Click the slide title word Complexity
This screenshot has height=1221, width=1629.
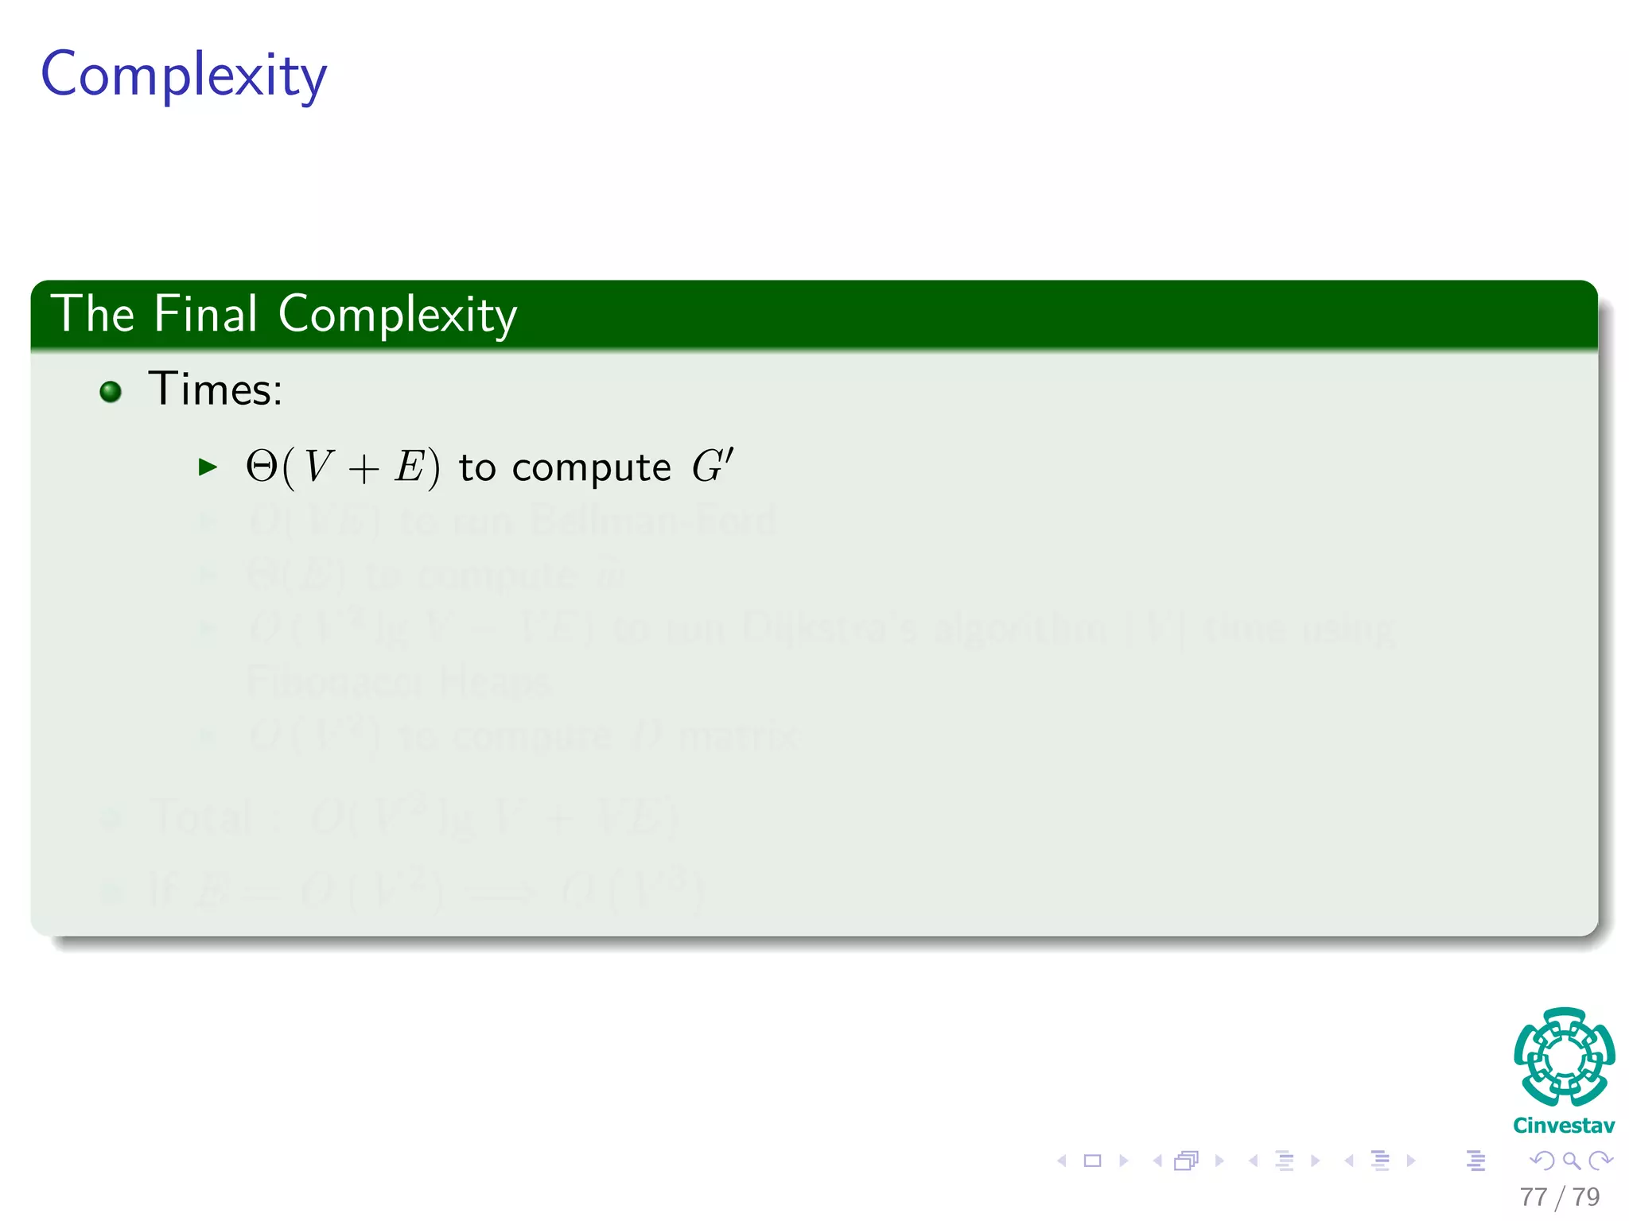pyautogui.click(x=184, y=76)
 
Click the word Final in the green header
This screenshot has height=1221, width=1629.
pyautogui.click(x=205, y=314)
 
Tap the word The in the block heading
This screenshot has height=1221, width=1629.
pyautogui.click(x=92, y=314)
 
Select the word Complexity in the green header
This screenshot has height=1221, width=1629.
pyautogui.click(x=397, y=316)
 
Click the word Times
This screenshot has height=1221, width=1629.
pyautogui.click(x=215, y=390)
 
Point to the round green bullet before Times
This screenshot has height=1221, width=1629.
pyautogui.click(x=111, y=391)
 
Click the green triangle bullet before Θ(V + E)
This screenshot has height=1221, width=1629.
pyautogui.click(x=208, y=467)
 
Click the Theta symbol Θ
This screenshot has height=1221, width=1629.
pyautogui.click(x=261, y=467)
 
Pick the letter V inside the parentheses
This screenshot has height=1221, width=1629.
pyautogui.click(x=317, y=467)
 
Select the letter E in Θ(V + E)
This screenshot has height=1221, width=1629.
pyautogui.click(x=410, y=467)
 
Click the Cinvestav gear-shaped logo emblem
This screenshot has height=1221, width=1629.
pyautogui.click(x=1564, y=1057)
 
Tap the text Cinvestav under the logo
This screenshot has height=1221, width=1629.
pyautogui.click(x=1564, y=1126)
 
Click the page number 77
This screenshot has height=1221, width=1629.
pyautogui.click(x=1533, y=1196)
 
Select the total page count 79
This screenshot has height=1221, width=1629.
pyautogui.click(x=1586, y=1196)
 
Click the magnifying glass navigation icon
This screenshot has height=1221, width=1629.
pyautogui.click(x=1571, y=1161)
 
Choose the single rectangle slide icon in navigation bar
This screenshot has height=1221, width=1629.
pyautogui.click(x=1092, y=1161)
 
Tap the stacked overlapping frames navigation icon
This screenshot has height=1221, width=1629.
pyautogui.click(x=1186, y=1161)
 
